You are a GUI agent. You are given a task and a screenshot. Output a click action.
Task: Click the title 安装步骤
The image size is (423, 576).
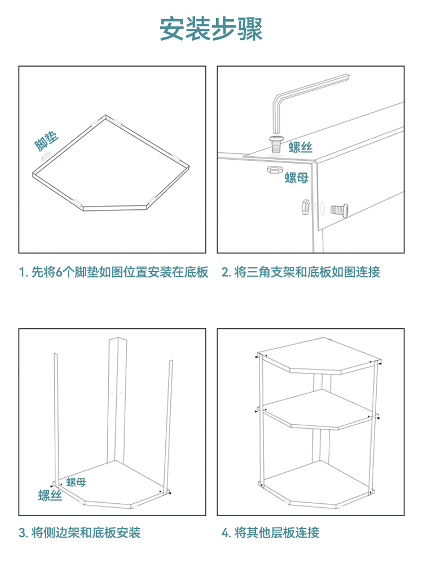[211, 29]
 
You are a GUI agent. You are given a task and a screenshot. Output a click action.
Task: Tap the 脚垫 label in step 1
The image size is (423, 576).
[46, 141]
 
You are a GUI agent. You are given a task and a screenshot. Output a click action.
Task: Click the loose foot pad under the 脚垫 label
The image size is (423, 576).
[45, 156]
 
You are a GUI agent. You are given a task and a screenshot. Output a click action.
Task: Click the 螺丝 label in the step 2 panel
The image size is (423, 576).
[301, 147]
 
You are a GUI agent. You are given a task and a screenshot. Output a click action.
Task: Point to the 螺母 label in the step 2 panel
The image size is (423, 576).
[296, 178]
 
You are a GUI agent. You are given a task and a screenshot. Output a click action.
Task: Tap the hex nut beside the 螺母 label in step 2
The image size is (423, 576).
[274, 169]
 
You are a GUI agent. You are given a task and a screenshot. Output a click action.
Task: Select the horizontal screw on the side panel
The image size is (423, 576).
[339, 210]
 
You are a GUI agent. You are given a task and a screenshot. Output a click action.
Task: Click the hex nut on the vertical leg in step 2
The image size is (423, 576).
[305, 208]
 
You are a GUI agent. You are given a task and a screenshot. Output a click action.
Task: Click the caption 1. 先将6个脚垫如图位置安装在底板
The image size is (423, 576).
[114, 272]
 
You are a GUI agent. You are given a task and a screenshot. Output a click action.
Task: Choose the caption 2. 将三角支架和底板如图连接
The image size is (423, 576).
[301, 272]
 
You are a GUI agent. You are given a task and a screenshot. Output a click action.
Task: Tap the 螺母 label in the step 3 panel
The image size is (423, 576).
[76, 482]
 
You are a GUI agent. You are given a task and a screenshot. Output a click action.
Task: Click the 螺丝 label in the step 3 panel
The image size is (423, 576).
[50, 495]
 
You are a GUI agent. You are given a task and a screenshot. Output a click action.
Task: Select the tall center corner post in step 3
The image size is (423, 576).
[117, 401]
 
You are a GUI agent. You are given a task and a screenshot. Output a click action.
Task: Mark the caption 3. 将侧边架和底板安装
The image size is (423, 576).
[80, 533]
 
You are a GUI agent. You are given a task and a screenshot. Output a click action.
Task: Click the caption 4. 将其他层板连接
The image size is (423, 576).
[270, 533]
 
